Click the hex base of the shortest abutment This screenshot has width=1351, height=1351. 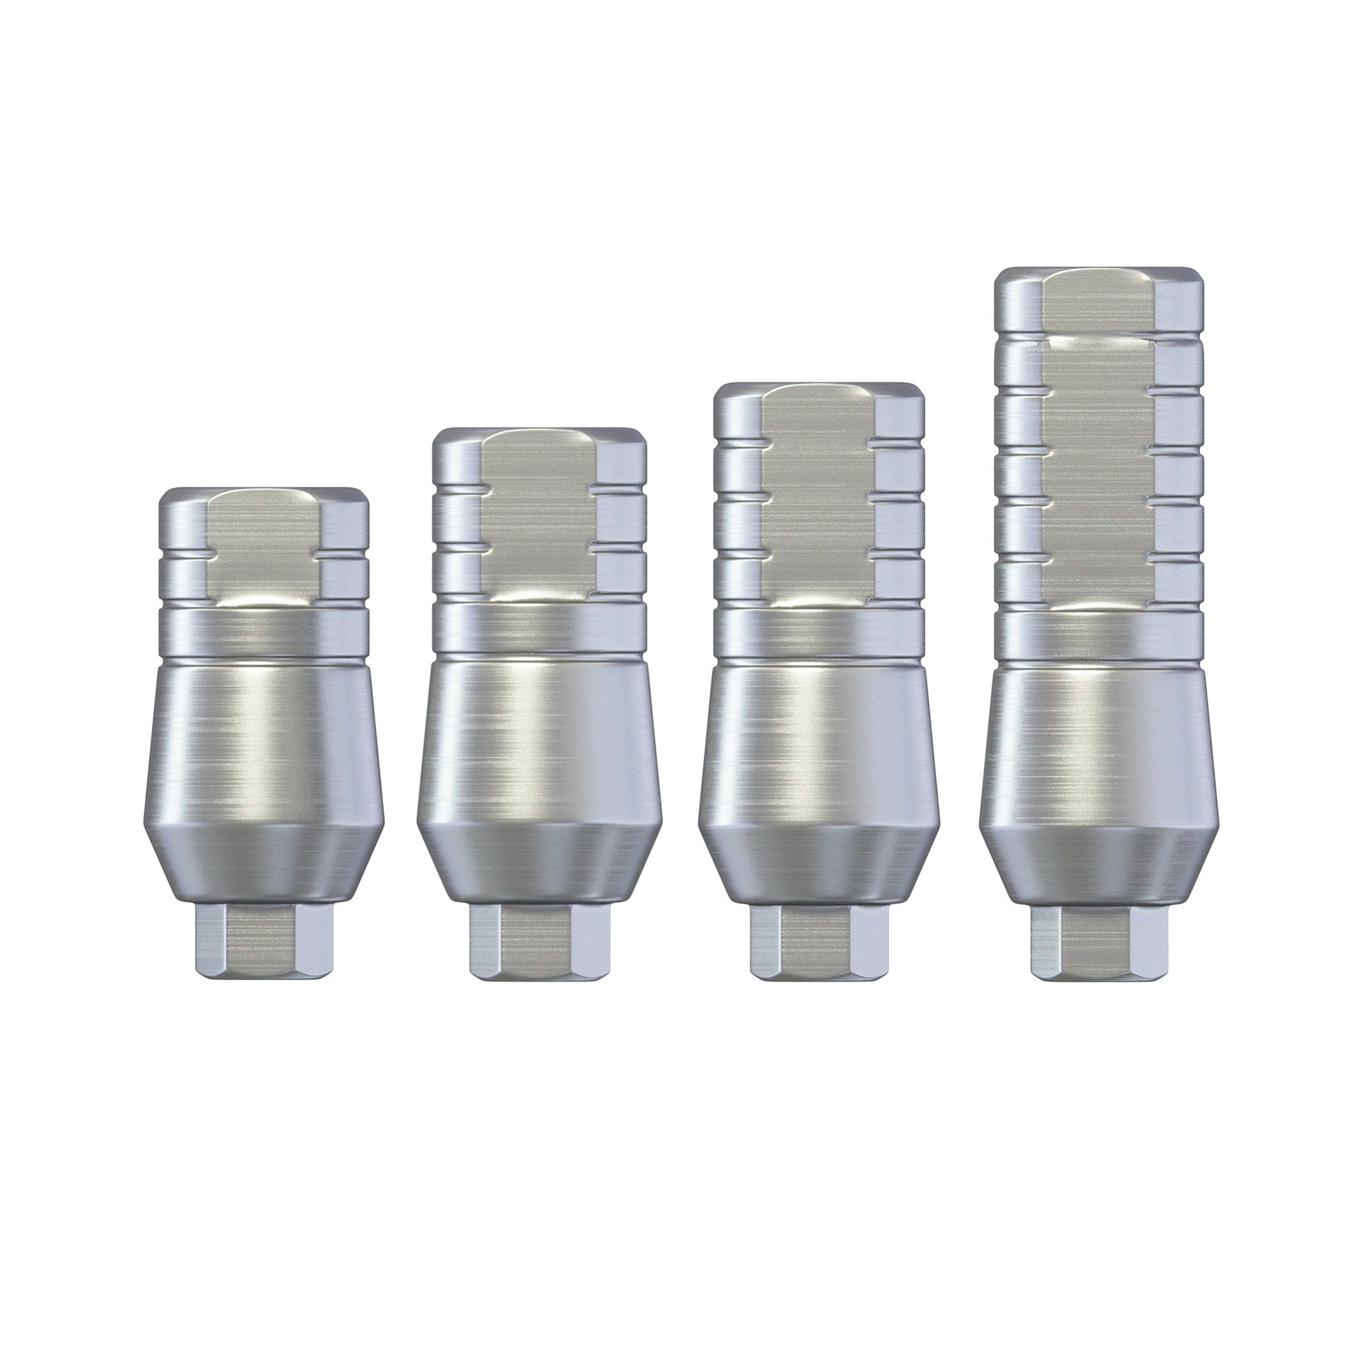[263, 940]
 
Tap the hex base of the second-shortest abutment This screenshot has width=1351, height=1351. [538, 940]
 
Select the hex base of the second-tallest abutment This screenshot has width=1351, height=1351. [819, 940]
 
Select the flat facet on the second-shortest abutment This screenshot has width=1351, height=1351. [538, 517]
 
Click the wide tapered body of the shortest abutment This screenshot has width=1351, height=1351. [263, 741]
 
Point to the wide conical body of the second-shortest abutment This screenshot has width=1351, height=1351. [538, 741]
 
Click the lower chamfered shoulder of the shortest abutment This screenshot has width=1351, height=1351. [263, 863]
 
